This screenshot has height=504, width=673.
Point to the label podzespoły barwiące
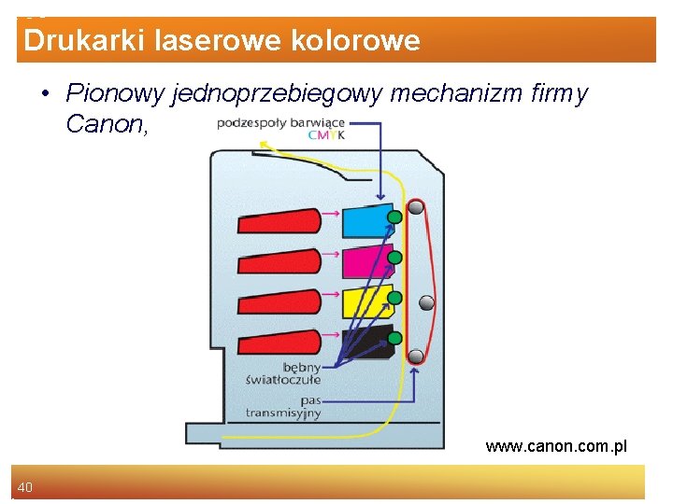(280, 122)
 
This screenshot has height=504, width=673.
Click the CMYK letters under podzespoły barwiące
(327, 135)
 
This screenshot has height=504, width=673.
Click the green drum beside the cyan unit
(395, 217)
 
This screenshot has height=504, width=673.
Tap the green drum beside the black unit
(395, 337)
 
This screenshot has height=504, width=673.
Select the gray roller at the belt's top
(416, 207)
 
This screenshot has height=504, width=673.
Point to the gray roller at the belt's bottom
(416, 355)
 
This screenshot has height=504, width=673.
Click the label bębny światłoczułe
(283, 372)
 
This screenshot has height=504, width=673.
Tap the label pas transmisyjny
(283, 406)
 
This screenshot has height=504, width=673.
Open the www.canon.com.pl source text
(556, 447)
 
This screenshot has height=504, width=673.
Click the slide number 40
(25, 486)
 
